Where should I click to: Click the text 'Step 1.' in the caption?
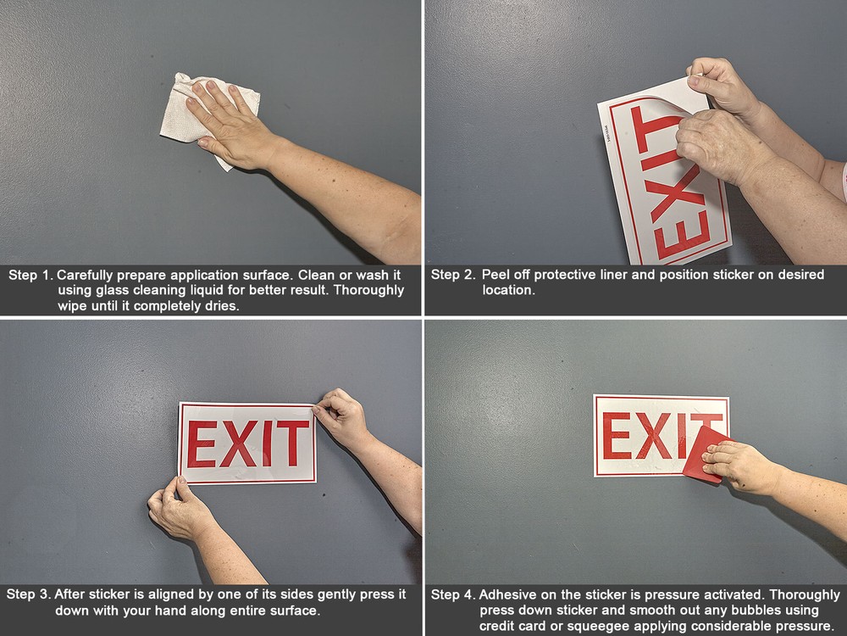click(x=30, y=276)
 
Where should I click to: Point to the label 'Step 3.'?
click(x=28, y=594)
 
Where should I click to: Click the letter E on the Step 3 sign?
click(x=202, y=444)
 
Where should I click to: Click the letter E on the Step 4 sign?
click(x=616, y=436)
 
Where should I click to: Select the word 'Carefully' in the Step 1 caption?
click(x=86, y=276)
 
